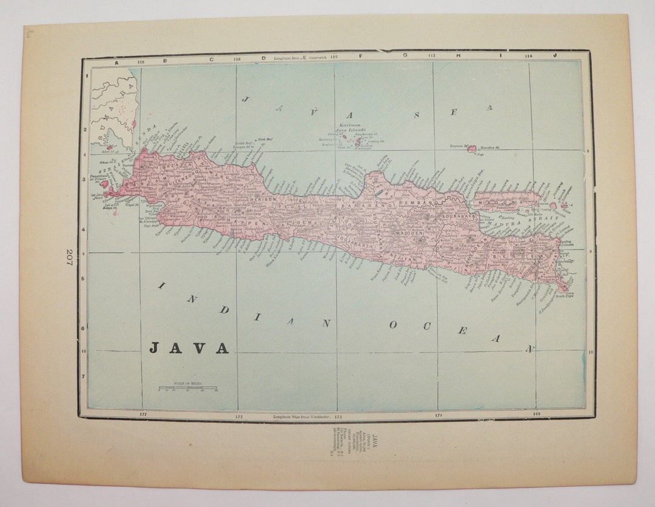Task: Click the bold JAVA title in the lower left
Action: tap(189, 348)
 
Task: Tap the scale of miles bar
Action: tap(189, 388)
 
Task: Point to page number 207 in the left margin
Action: tap(70, 259)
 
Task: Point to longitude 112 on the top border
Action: tap(432, 56)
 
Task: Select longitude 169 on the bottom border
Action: tap(535, 414)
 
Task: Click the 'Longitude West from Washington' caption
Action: tap(300, 417)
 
